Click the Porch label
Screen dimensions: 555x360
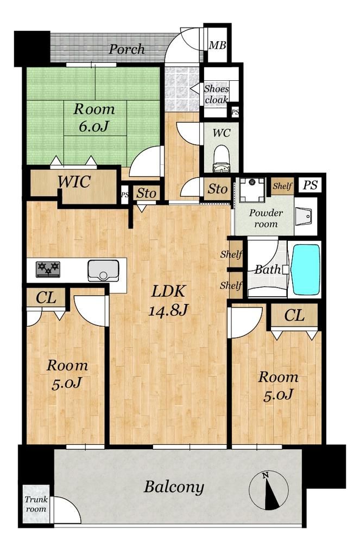coord(127,49)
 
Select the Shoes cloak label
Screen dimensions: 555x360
coord(216,94)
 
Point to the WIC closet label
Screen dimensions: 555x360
coord(74,182)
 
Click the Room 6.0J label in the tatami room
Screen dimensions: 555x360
coord(94,118)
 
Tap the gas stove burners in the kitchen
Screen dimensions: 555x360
coord(48,269)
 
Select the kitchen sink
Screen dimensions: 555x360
coord(103,270)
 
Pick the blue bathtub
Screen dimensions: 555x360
coord(306,270)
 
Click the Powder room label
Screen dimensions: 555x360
coord(266,218)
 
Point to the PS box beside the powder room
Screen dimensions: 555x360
coord(310,186)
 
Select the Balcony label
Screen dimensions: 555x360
coord(174,487)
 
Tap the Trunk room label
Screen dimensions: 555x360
coord(36,504)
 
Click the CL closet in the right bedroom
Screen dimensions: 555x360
coord(294,316)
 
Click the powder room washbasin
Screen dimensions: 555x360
coord(305,216)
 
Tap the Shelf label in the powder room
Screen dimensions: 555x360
coord(282,186)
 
